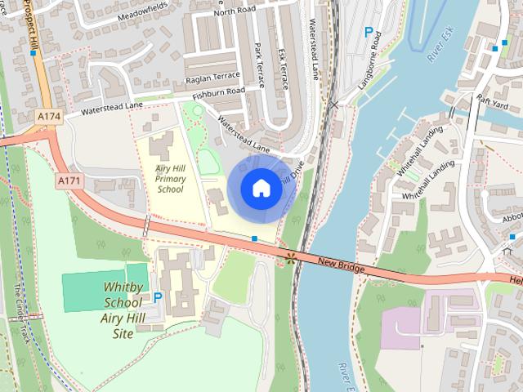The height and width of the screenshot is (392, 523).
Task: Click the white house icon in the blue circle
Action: pos(261,189)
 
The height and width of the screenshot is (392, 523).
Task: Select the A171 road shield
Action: pos(69,179)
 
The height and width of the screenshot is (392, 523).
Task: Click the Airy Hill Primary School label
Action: pos(170,178)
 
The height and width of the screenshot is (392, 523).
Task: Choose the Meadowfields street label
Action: pos(144,14)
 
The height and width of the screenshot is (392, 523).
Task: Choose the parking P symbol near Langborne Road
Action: pos(369,33)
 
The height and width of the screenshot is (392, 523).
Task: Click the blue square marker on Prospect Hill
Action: pos(33,53)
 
